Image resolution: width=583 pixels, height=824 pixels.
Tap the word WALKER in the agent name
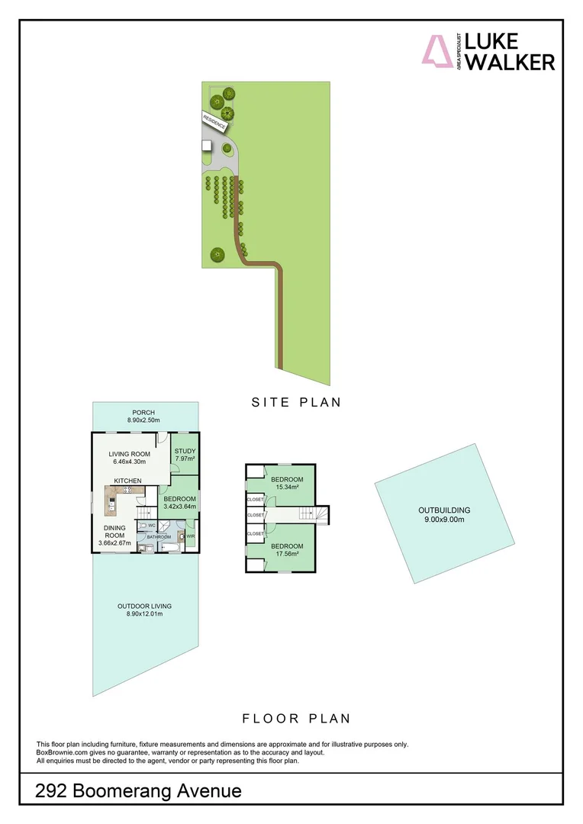click(x=510, y=62)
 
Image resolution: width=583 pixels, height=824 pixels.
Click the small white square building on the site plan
click(x=206, y=145)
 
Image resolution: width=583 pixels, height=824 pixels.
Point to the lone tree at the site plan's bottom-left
click(x=217, y=255)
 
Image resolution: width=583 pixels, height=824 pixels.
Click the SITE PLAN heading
click(x=296, y=402)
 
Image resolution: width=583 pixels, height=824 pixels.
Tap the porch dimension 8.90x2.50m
click(x=143, y=420)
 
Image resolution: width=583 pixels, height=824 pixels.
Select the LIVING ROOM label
click(x=129, y=454)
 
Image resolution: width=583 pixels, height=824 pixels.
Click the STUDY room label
click(x=185, y=451)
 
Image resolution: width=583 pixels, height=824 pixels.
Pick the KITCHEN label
click(x=128, y=480)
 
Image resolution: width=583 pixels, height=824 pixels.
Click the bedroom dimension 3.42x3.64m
click(x=179, y=506)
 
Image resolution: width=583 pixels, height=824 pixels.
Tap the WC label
click(x=152, y=525)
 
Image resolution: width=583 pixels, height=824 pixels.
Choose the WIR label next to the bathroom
click(x=191, y=536)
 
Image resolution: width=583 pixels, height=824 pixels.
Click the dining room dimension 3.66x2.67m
click(x=114, y=543)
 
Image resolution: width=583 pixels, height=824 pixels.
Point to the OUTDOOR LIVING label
click(x=144, y=607)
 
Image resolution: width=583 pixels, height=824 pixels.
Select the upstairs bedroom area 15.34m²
click(x=287, y=487)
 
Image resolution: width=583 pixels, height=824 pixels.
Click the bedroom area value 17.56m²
click(x=287, y=555)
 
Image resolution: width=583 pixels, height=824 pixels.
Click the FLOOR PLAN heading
click(x=296, y=718)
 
